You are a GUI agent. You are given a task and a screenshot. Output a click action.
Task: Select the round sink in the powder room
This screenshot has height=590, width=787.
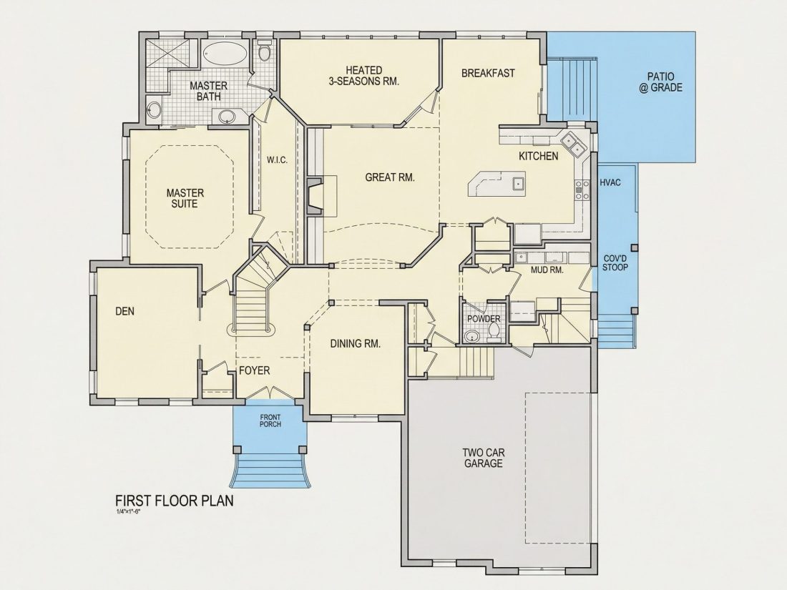click(471, 337)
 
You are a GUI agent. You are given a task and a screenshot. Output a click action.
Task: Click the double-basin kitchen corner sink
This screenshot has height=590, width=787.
click(574, 144)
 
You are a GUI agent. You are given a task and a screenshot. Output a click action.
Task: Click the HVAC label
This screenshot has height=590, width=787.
click(610, 182)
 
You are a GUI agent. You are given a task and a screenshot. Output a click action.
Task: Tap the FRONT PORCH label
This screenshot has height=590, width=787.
click(270, 421)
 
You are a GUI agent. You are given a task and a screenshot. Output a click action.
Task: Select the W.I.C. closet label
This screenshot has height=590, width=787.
click(277, 160)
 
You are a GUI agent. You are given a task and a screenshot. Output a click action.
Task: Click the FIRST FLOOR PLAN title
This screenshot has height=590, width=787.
click(175, 501)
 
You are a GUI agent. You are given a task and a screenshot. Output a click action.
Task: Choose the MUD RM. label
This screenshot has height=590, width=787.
click(547, 270)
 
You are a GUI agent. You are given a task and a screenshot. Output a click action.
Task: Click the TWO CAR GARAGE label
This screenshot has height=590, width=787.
click(484, 458)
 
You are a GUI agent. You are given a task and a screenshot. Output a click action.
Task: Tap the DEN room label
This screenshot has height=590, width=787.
click(125, 311)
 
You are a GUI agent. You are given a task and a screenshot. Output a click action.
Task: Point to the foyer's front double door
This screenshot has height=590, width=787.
click(270, 393)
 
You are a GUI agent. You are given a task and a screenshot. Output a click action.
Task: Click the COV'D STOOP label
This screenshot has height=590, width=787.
click(615, 263)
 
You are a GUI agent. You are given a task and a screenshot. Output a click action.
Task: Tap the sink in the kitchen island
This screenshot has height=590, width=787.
click(519, 183)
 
